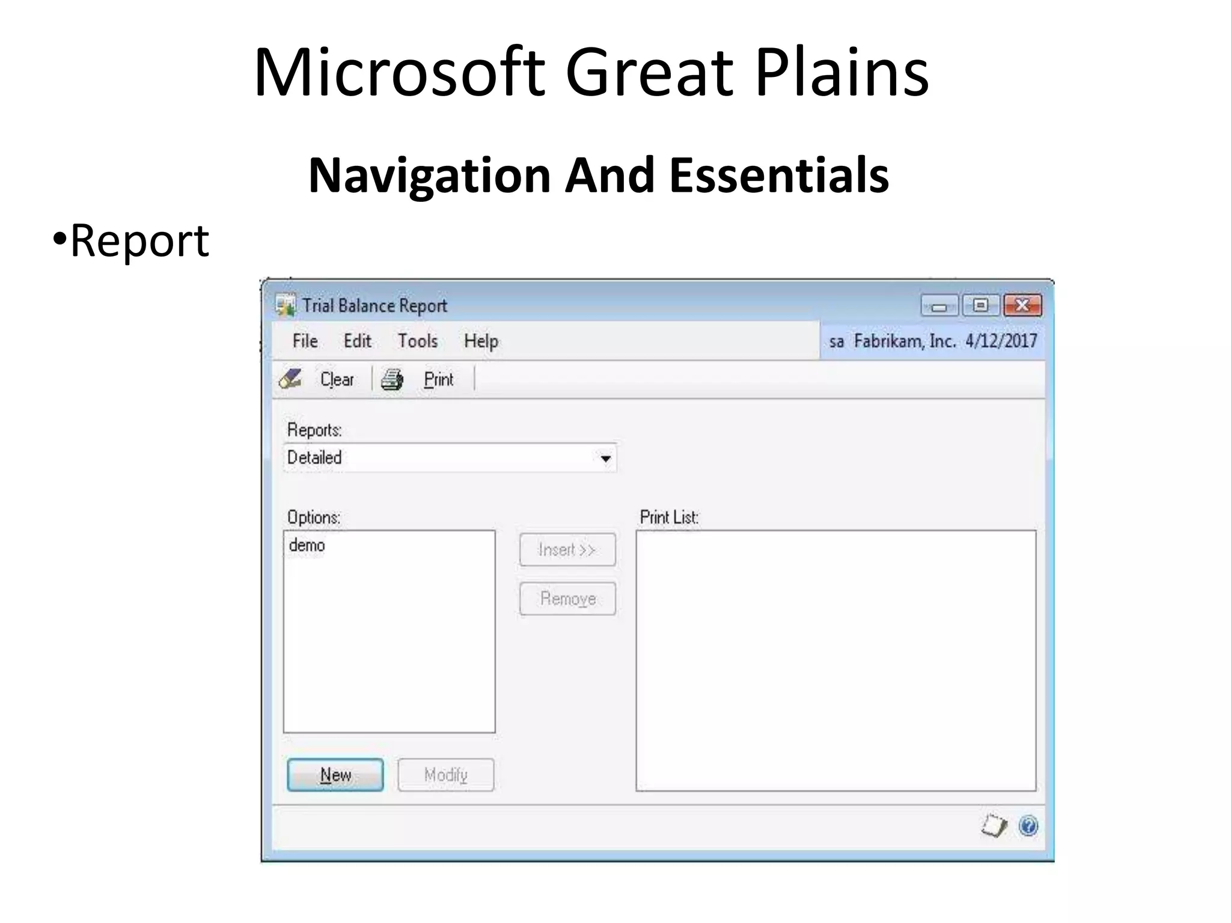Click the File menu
(x=305, y=341)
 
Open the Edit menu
(x=357, y=341)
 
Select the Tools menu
(x=417, y=341)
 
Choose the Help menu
(x=481, y=341)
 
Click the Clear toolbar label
(x=337, y=380)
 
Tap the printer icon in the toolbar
(x=393, y=380)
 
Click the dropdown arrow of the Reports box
(x=605, y=459)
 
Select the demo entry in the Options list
(x=307, y=546)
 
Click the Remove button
(x=567, y=599)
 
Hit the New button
(x=335, y=775)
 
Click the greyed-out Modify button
(x=445, y=775)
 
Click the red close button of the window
(x=1022, y=306)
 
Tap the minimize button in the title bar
(x=939, y=306)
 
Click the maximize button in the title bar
(x=980, y=306)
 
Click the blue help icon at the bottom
(x=1028, y=826)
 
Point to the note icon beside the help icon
(x=994, y=826)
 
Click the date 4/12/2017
(x=1001, y=341)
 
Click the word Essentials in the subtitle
(x=779, y=175)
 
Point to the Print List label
(x=669, y=517)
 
